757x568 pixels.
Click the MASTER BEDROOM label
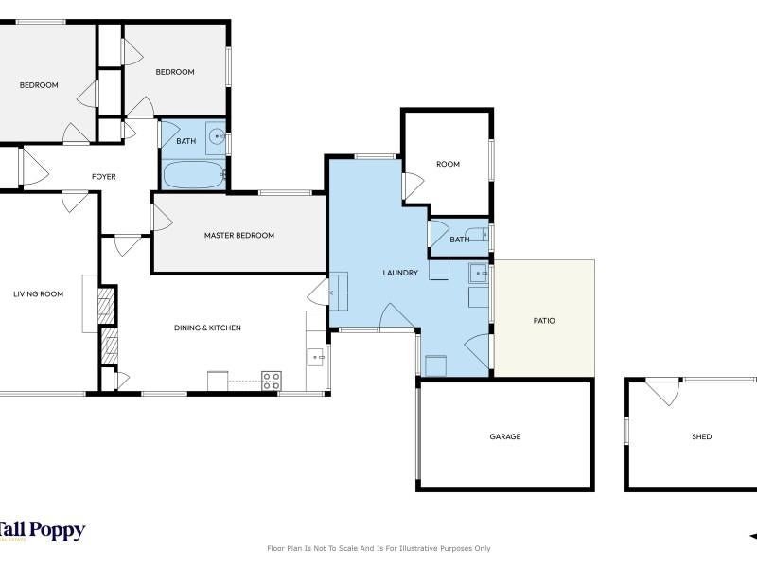pyautogui.click(x=239, y=235)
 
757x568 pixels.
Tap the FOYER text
pyautogui.click(x=104, y=177)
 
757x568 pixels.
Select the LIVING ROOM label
pyautogui.click(x=38, y=293)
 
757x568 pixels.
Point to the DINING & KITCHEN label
pyautogui.click(x=207, y=328)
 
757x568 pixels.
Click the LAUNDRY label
pyautogui.click(x=400, y=273)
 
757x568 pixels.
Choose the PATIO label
pyautogui.click(x=544, y=321)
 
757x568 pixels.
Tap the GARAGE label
pyautogui.click(x=505, y=436)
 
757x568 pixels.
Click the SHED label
pyautogui.click(x=701, y=436)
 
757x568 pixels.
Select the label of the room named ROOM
pyautogui.click(x=448, y=164)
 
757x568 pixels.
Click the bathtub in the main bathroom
pyautogui.click(x=194, y=174)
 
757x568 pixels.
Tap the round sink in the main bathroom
pyautogui.click(x=217, y=136)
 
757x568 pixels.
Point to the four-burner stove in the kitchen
pyautogui.click(x=272, y=381)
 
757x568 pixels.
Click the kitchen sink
pyautogui.click(x=316, y=358)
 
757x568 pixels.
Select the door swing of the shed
pyautogui.click(x=663, y=392)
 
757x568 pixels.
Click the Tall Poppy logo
pyautogui.click(x=43, y=531)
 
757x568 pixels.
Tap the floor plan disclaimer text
pyautogui.click(x=378, y=548)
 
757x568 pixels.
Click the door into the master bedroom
pyautogui.click(x=161, y=218)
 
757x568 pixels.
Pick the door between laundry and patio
pyautogui.click(x=478, y=351)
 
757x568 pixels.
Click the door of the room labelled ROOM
pyautogui.click(x=413, y=186)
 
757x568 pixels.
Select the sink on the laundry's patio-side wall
pyautogui.click(x=478, y=274)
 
